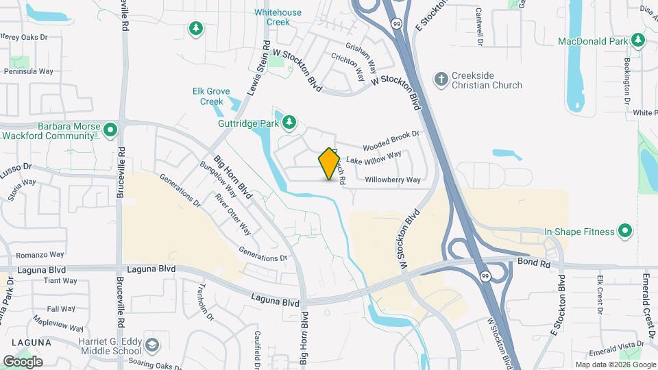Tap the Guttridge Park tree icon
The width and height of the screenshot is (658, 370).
click(x=289, y=122)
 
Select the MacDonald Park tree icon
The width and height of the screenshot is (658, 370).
click(x=638, y=41)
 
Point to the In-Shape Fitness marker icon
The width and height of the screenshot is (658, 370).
click(x=624, y=232)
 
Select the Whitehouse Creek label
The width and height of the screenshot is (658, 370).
click(x=278, y=17)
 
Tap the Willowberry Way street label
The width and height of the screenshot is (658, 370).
click(x=393, y=180)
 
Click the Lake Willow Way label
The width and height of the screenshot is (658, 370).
click(x=374, y=158)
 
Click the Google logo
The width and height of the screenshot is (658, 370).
click(x=23, y=361)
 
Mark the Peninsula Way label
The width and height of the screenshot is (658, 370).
click(x=29, y=71)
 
